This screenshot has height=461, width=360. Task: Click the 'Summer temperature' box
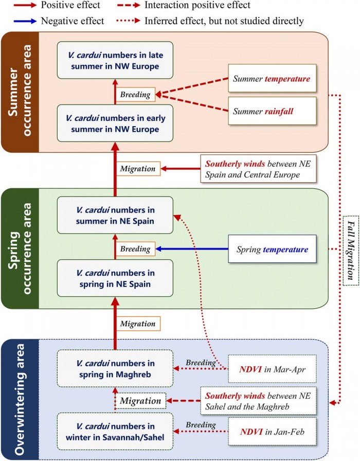[272, 79]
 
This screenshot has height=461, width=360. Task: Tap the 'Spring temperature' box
[272, 249]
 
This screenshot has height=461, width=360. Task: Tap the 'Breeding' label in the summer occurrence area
[135, 95]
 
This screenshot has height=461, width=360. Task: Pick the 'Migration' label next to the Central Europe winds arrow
[137, 168]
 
